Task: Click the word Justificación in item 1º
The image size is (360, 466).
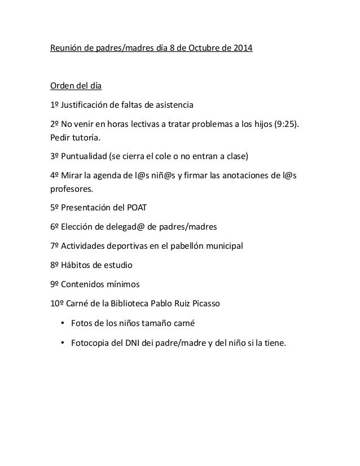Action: click(87, 105)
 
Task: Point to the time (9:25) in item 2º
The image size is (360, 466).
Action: click(285, 124)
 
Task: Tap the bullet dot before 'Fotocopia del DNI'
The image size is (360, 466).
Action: click(62, 342)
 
